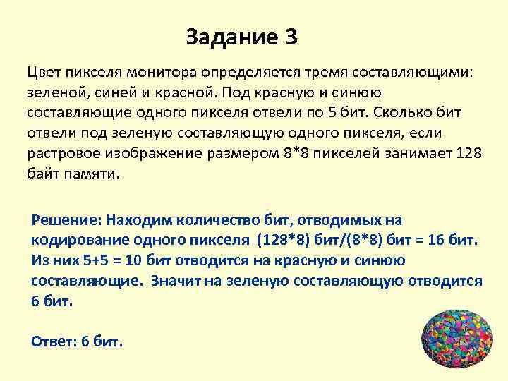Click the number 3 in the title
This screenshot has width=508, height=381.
point(290,37)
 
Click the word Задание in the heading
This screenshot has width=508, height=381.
point(230,37)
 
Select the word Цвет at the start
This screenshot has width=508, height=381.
point(42,72)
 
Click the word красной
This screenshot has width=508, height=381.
point(185,92)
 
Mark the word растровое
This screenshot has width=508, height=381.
point(64,154)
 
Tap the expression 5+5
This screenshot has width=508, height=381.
point(92,260)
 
